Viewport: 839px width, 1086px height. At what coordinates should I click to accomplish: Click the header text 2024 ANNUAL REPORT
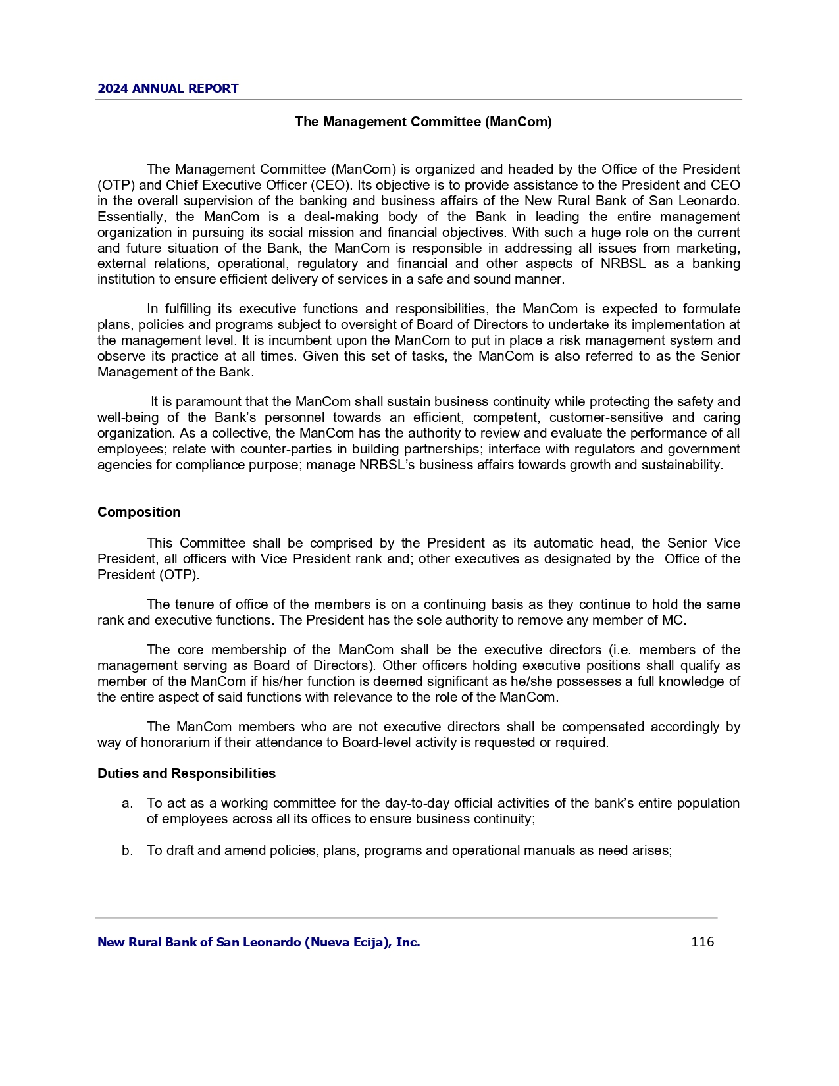(x=168, y=89)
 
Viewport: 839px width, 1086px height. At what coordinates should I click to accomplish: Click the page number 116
(x=702, y=942)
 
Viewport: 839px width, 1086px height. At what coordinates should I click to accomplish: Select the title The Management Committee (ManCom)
(x=423, y=122)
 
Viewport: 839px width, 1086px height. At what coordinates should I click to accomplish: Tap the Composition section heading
(x=139, y=512)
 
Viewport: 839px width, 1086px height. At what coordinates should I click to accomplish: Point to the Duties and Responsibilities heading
(x=186, y=773)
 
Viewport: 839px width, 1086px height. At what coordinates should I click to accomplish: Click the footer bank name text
(x=259, y=943)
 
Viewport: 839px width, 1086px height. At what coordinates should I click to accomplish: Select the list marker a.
(x=127, y=804)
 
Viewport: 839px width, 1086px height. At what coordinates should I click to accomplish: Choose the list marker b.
(x=127, y=850)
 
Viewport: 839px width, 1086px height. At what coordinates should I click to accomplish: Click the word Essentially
(x=130, y=217)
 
